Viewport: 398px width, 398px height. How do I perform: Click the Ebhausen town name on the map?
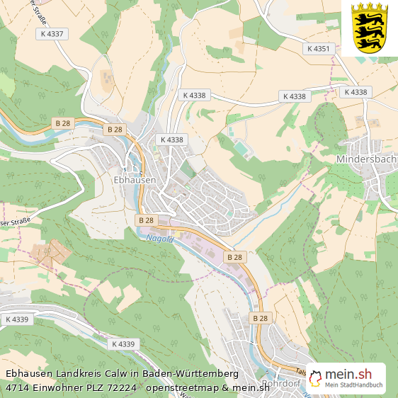tap(135, 181)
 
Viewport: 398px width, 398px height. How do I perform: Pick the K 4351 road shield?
tap(318, 49)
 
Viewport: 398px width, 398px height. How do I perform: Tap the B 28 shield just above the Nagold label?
tap(146, 221)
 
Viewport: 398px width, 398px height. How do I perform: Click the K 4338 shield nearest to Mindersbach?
tap(356, 92)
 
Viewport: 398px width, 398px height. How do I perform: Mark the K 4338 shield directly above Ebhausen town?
tap(171, 140)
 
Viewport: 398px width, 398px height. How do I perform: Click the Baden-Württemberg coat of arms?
tap(369, 28)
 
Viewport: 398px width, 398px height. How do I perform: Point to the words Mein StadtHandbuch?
tap(353, 386)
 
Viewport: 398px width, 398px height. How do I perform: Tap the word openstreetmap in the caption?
tap(180, 387)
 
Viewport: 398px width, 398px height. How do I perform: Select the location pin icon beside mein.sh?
tap(315, 378)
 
